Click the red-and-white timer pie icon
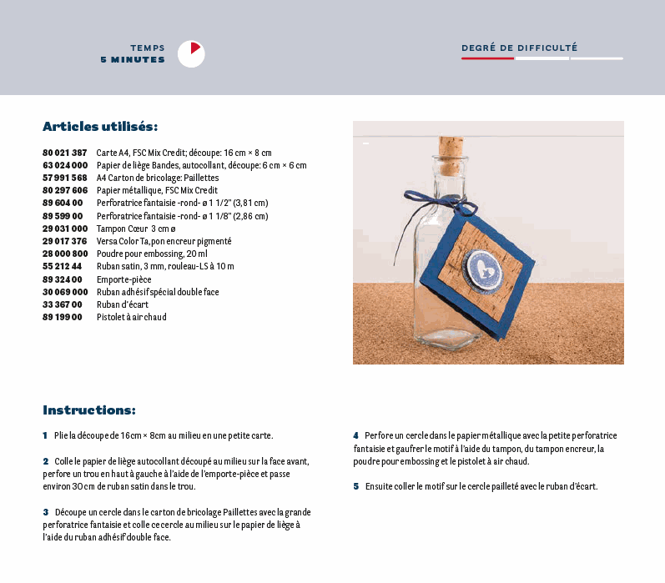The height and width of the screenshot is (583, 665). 191,53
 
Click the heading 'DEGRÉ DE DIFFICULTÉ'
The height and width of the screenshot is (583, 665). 519,48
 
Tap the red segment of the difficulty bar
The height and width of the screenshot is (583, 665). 487,58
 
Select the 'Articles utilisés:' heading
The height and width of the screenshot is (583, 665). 100,127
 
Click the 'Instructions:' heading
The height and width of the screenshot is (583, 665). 88,410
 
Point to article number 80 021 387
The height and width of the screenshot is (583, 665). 64,153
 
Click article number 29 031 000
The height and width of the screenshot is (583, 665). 64,229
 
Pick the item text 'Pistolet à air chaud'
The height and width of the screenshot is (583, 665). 131,318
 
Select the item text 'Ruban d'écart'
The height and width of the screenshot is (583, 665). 122,304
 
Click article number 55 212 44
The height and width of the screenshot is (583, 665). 62,267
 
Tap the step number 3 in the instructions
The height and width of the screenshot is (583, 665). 46,511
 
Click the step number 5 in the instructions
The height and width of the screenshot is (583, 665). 355,486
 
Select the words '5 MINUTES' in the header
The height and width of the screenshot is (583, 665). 132,60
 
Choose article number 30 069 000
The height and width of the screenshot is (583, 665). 64,292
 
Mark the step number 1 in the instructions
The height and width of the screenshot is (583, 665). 45,435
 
